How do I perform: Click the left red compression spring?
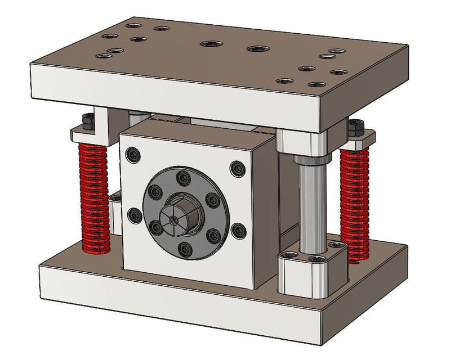[x=93, y=197]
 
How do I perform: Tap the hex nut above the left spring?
[x=88, y=121]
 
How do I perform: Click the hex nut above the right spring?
[x=355, y=127]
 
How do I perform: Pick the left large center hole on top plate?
[x=211, y=43]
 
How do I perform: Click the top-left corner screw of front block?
[x=133, y=154]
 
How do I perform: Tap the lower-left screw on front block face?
[x=133, y=215]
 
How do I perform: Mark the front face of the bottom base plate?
[x=169, y=304]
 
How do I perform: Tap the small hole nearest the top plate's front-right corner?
[x=314, y=85]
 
